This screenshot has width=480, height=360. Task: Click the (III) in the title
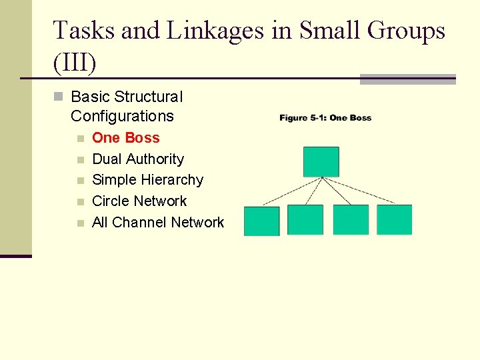pos(75,63)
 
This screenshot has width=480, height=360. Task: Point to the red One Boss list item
pos(125,138)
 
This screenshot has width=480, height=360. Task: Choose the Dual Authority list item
pos(137,159)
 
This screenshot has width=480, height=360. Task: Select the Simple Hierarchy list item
pos(147,180)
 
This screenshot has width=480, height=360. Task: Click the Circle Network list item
pos(139,201)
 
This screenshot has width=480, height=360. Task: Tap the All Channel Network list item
pos(158,223)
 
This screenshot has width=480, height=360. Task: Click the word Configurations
pos(122,116)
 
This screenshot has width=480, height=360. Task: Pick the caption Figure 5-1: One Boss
pos(325,118)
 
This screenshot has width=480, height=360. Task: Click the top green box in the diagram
pos(321,162)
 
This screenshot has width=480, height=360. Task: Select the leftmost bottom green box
pos(261,221)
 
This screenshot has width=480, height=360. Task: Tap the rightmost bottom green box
pos(394,220)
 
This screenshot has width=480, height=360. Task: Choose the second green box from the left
pos(305,220)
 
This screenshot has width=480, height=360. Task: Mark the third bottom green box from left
pos(351,220)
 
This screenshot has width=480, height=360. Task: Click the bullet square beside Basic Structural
pos(58,97)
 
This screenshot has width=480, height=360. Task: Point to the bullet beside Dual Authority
pos(80,160)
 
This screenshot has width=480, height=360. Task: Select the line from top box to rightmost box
pos(360,191)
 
